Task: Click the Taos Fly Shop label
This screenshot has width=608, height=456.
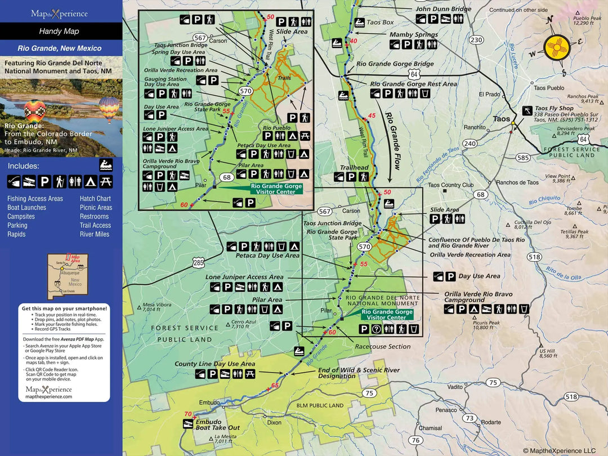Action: click(554, 108)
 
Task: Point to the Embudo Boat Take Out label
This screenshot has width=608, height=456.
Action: click(217, 424)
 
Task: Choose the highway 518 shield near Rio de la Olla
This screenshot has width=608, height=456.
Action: click(534, 257)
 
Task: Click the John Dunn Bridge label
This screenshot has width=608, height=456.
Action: click(443, 10)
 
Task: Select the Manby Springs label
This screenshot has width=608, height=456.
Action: click(414, 35)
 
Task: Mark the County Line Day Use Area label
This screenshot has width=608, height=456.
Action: click(214, 364)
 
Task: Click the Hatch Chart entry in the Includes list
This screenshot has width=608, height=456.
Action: click(95, 199)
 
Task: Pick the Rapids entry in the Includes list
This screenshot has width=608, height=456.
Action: click(16, 234)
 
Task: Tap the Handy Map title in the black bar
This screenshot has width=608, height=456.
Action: click(59, 32)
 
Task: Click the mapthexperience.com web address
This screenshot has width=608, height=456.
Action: click(49, 396)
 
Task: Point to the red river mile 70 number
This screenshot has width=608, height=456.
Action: click(188, 414)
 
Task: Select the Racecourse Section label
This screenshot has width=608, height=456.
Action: click(382, 347)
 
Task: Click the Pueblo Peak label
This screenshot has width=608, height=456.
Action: click(587, 19)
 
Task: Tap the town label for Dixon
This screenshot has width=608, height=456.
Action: click(274, 422)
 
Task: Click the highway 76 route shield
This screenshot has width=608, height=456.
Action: click(415, 440)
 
